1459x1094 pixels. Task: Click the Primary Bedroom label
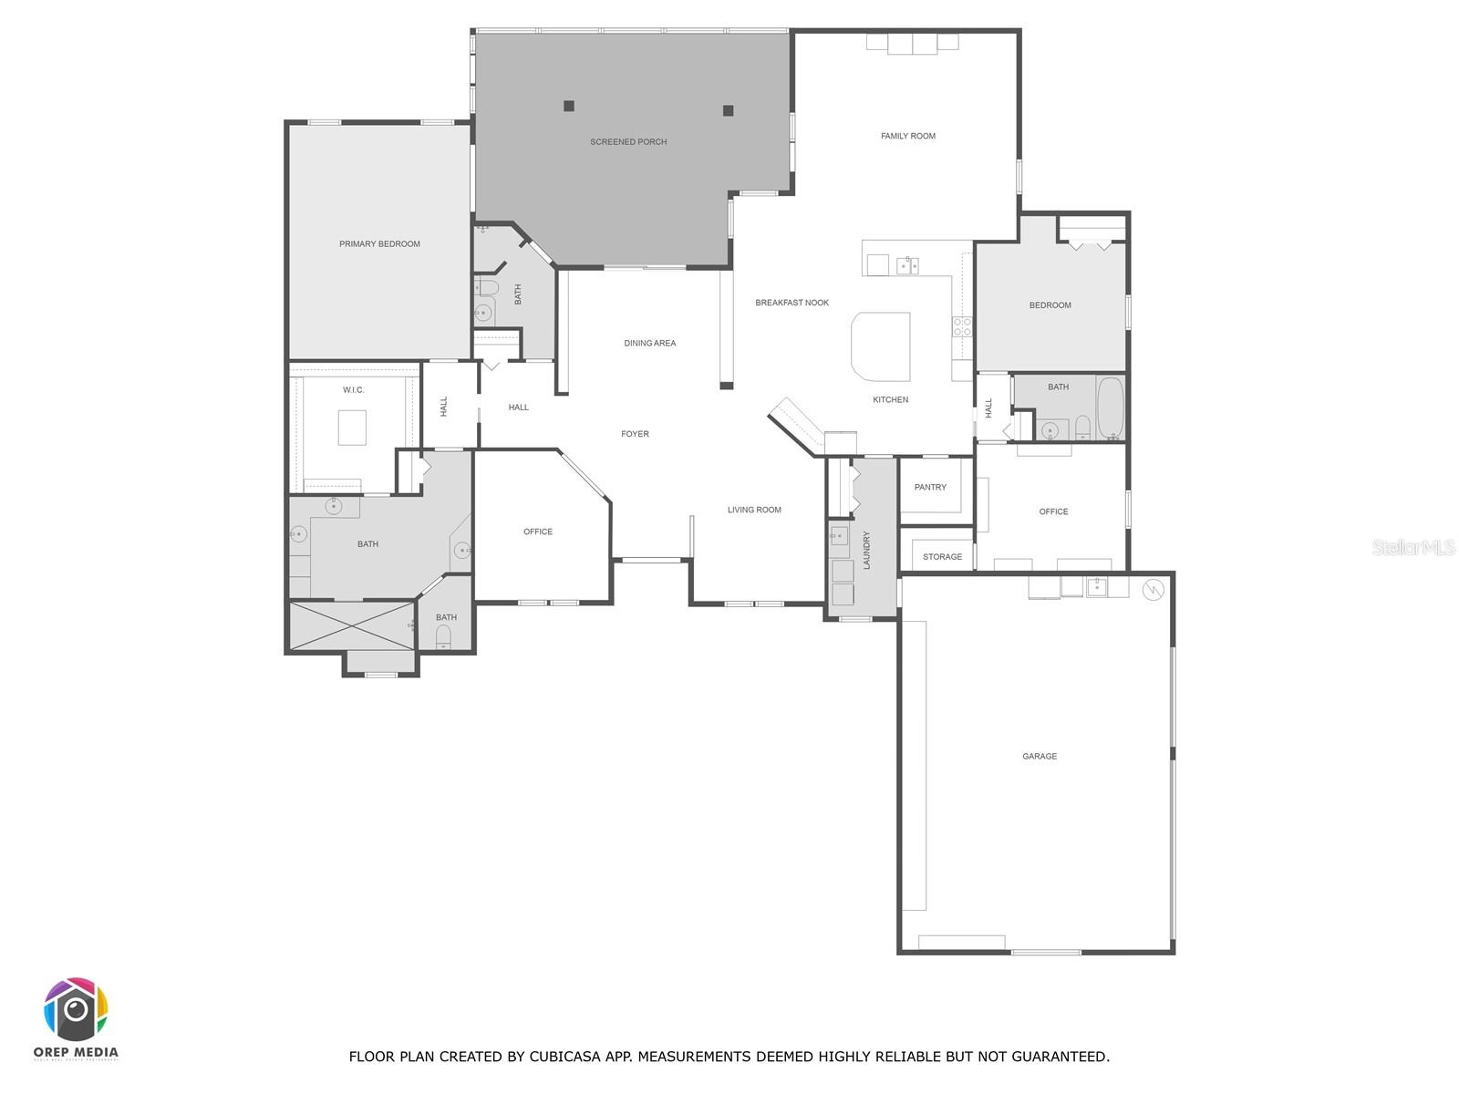(x=379, y=244)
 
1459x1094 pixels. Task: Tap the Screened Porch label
(x=628, y=142)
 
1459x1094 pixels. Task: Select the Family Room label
(x=907, y=137)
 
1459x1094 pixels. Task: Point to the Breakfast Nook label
(x=792, y=303)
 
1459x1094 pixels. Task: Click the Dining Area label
(x=649, y=344)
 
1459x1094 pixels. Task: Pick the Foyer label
(x=635, y=434)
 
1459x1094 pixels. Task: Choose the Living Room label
(x=754, y=511)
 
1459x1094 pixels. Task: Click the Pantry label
(x=930, y=488)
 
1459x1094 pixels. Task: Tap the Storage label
(x=942, y=557)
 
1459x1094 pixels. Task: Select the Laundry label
(x=866, y=550)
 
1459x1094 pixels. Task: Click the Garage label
(x=1040, y=757)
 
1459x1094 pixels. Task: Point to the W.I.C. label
(x=354, y=390)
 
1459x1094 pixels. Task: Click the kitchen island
(x=881, y=346)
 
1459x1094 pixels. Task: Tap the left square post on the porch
(x=569, y=106)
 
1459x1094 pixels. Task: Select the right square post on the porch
(x=728, y=111)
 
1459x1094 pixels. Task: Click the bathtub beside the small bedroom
(x=1111, y=408)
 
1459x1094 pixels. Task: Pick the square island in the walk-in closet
(x=352, y=428)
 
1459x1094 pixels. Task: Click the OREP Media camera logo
(x=76, y=1010)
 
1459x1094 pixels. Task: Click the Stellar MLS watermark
(x=1412, y=548)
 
